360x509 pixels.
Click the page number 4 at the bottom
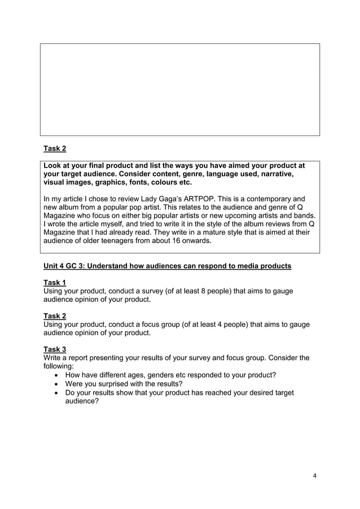point(315,475)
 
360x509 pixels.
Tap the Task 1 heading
point(55,282)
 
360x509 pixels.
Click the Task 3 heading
point(55,349)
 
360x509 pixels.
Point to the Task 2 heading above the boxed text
point(55,149)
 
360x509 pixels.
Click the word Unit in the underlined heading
point(52,266)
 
